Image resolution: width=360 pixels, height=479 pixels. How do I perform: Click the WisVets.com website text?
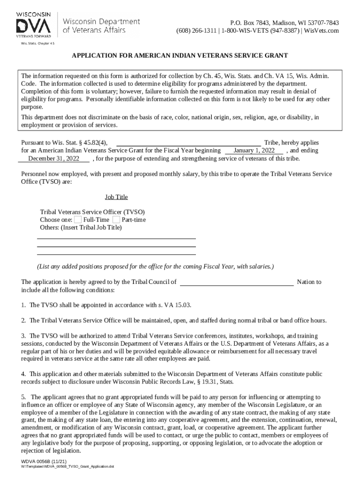(x=322, y=31)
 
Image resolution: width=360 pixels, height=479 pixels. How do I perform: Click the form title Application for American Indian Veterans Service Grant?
(x=180, y=56)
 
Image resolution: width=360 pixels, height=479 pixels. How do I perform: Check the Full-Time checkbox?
(x=78, y=220)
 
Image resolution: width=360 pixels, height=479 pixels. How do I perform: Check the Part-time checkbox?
(x=116, y=220)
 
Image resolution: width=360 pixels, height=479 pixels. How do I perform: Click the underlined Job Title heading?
(x=116, y=197)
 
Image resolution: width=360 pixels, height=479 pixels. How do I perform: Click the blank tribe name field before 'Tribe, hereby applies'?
(x=188, y=143)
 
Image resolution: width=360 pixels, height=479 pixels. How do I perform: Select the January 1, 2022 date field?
(x=254, y=151)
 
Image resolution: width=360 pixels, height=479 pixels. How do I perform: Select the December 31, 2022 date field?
(x=53, y=159)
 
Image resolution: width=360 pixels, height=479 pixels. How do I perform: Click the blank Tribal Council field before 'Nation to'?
(x=237, y=282)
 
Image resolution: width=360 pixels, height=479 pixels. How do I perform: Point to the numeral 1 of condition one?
(x=23, y=305)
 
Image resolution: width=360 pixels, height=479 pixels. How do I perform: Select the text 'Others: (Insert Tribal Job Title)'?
(x=81, y=228)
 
